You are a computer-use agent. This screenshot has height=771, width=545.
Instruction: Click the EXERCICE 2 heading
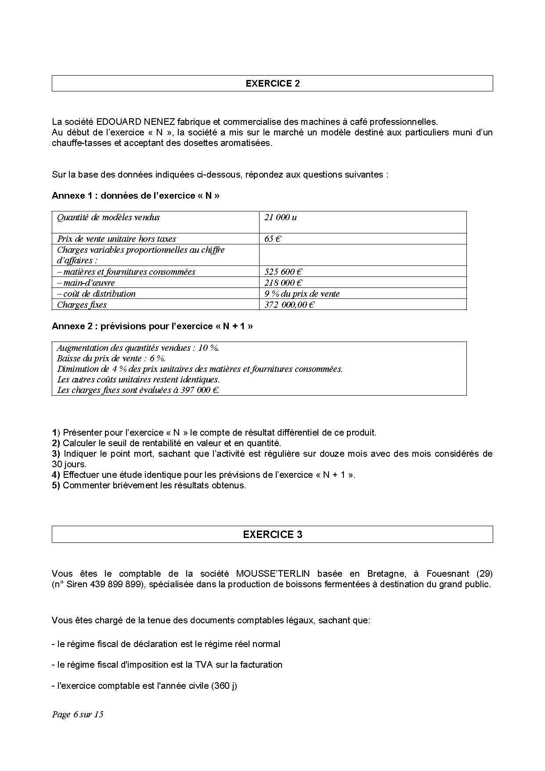point(272,84)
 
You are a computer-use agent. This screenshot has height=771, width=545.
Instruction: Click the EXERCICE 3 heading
point(272,535)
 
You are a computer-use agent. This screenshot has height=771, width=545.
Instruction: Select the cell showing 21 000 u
point(281,217)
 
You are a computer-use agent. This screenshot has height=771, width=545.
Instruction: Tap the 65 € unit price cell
point(273,239)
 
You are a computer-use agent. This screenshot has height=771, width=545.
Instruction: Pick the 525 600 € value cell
point(283,272)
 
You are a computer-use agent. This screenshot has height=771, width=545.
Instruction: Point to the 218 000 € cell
point(283,283)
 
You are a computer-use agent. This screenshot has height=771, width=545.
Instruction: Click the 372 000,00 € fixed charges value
point(289,305)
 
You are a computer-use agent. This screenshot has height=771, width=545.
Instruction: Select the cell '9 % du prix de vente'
point(302,294)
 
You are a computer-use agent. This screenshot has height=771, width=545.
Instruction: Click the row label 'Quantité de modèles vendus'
point(108,217)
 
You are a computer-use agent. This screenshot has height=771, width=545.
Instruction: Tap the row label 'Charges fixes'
point(82,305)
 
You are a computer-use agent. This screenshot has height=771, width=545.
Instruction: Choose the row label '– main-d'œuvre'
point(86,283)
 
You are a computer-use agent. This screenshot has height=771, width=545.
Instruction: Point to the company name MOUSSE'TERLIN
point(273,574)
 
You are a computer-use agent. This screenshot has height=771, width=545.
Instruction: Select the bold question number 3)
point(56,454)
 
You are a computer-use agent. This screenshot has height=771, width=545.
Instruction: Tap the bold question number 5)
point(56,485)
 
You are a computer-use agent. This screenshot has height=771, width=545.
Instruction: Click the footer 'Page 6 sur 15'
point(78,714)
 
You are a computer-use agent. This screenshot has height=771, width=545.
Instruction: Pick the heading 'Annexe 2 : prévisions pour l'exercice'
point(152,326)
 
